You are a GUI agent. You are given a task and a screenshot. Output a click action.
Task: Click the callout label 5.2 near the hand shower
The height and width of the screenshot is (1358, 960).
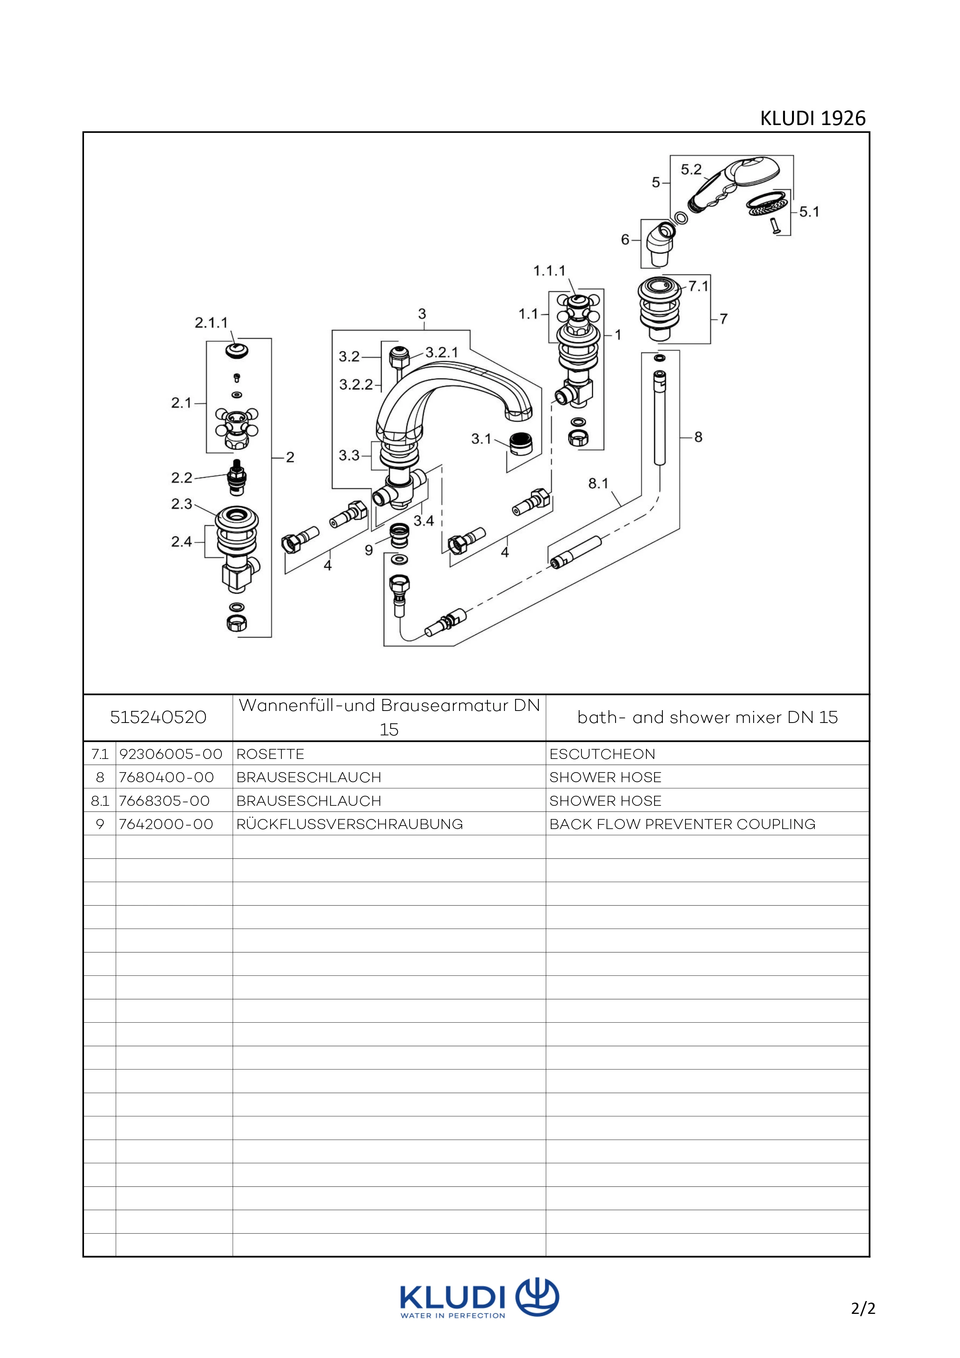point(691,170)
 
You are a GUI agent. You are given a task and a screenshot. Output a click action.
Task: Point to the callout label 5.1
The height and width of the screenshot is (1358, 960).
point(809,212)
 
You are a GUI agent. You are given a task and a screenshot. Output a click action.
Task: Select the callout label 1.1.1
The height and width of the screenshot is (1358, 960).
point(549,271)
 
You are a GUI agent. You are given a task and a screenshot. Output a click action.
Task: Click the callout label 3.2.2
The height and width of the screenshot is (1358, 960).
point(356,385)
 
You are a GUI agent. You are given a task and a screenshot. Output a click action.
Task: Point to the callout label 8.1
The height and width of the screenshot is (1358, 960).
point(598,484)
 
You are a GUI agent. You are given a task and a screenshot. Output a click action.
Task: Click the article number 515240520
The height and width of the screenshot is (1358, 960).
point(158,718)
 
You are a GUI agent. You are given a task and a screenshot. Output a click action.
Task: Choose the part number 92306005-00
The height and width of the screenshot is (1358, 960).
point(171,754)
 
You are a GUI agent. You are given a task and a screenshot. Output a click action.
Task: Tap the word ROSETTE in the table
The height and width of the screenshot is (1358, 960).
point(270,754)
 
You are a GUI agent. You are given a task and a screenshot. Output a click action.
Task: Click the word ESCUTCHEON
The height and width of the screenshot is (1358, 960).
point(602,754)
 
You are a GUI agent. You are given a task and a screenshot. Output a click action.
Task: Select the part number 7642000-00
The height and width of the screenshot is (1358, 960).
point(166,824)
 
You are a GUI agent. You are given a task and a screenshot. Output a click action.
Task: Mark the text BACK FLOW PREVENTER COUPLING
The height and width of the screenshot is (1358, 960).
point(682,824)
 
